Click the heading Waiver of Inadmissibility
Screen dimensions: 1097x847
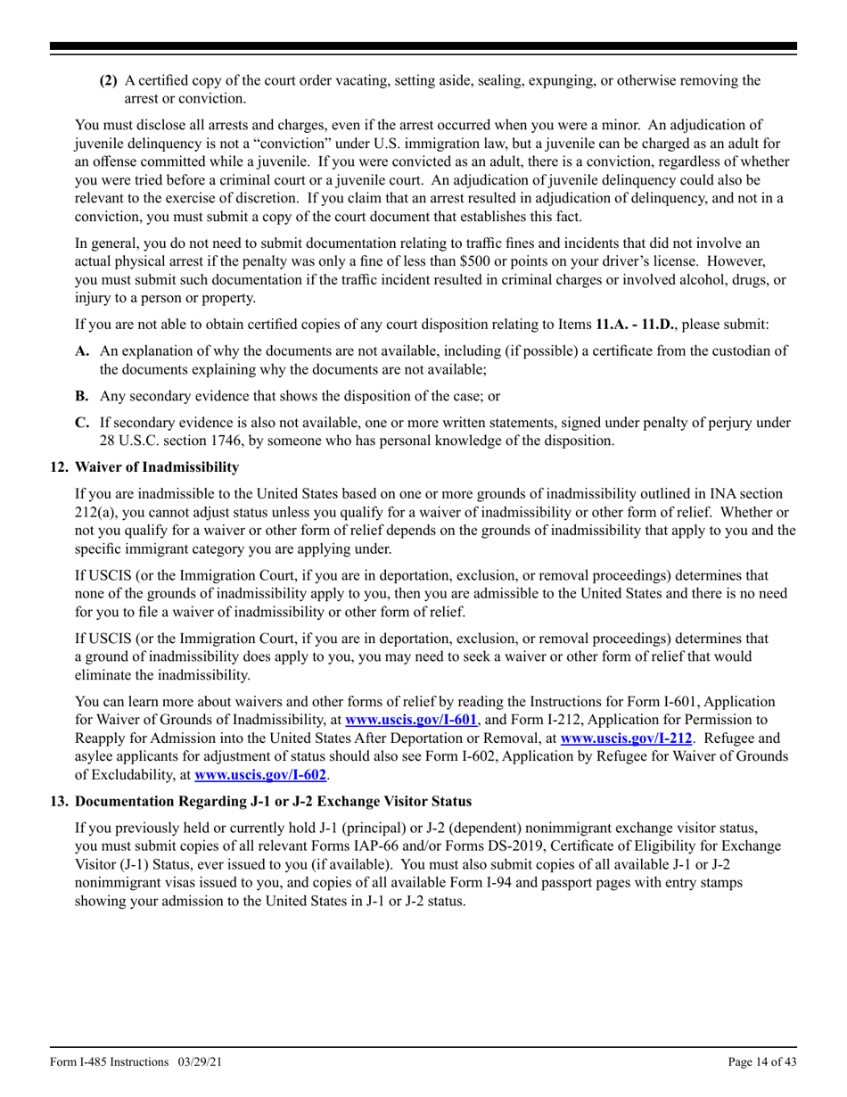(x=157, y=467)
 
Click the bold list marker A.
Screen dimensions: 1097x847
(x=82, y=351)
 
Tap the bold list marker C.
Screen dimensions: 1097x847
(x=82, y=423)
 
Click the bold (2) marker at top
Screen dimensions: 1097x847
(x=108, y=80)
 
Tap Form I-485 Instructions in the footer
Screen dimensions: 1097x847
(x=109, y=1062)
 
